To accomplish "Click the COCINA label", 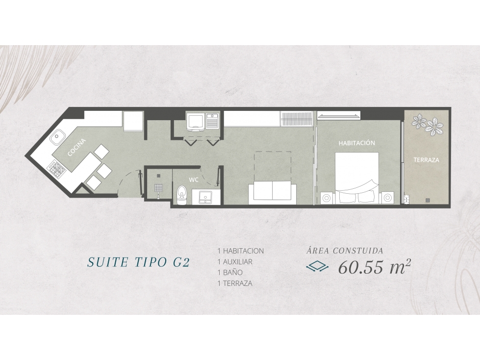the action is point(76,148).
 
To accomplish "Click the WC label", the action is point(194,180).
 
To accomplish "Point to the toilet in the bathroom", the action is point(182,195).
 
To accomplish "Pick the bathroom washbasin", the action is point(205,197).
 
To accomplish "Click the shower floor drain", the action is point(158,176).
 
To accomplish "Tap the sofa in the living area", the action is point(272,193).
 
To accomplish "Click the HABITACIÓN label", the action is point(356,143).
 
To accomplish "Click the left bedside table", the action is point(327,198).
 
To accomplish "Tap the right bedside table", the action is point(388,198).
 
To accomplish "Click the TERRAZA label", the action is point(427,160).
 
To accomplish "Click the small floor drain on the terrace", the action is point(428,200).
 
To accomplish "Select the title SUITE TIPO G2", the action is point(139,262).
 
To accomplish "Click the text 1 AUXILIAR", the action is point(235,262).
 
